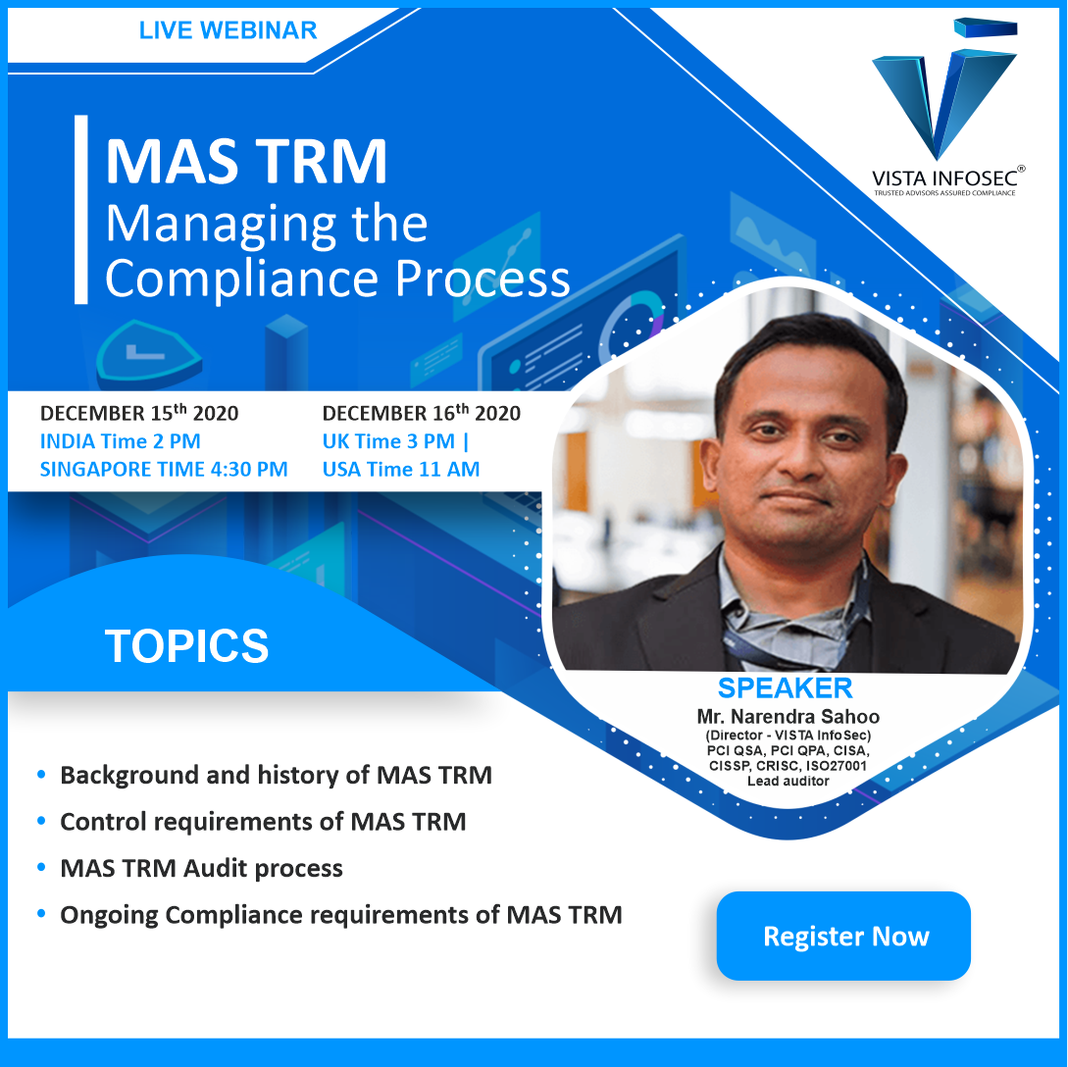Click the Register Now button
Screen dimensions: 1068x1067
[x=843, y=936]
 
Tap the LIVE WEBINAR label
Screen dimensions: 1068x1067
[x=229, y=30]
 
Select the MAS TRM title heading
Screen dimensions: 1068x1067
[x=246, y=162]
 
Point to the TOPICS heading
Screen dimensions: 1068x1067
[x=186, y=645]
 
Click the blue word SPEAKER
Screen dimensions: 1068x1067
[x=785, y=687]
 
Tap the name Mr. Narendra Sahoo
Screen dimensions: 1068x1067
[x=788, y=716]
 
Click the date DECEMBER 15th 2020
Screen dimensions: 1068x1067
[x=139, y=413]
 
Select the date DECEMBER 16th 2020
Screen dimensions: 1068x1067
[x=421, y=413]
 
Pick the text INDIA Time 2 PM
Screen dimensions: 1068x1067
[x=121, y=441]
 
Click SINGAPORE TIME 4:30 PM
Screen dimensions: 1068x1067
[x=164, y=469]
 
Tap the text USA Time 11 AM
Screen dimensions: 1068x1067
[x=401, y=469]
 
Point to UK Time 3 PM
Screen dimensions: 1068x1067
[x=388, y=441]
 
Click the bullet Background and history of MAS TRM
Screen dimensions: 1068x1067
[x=276, y=775]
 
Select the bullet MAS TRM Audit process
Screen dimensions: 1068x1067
[x=202, y=868]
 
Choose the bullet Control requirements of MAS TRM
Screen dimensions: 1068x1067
[x=263, y=822]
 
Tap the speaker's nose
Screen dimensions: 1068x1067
[x=801, y=458]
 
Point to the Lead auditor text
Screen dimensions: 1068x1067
[x=788, y=781]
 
